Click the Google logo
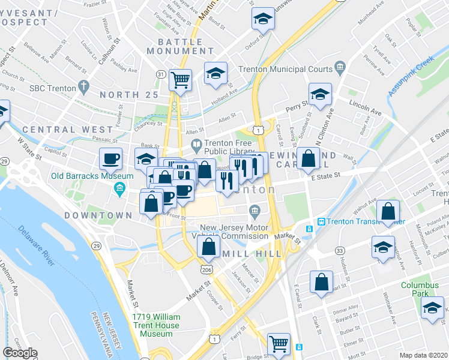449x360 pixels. pos(20,353)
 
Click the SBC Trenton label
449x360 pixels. pos(53,88)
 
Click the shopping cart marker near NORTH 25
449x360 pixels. pos(180,79)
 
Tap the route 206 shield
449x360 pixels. pos(207,271)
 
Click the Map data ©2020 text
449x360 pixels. pos(423,355)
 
